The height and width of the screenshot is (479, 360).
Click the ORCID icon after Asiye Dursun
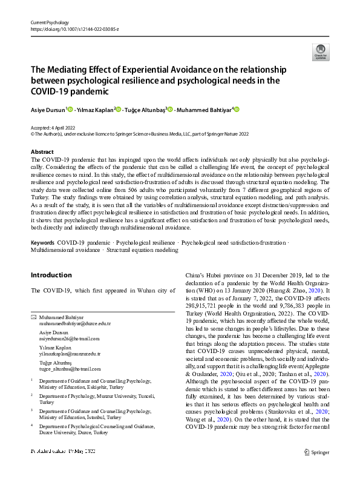point(70,110)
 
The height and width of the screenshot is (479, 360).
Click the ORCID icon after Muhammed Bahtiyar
point(237,110)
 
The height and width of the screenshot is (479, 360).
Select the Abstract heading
point(42,152)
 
